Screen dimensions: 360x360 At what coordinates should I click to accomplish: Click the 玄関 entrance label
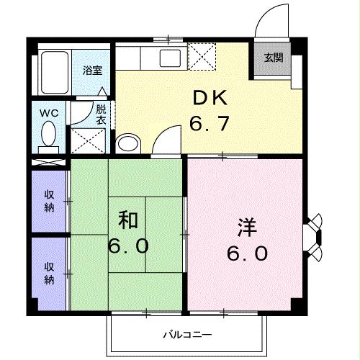pos(273,58)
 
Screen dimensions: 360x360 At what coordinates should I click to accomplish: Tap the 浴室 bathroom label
pos(91,71)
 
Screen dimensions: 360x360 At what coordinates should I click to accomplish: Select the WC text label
pos(48,112)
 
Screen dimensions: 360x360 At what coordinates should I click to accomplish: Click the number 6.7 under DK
pos(209,124)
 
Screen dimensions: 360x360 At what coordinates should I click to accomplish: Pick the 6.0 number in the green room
pos(130,246)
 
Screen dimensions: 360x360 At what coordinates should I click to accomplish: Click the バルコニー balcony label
pos(186,335)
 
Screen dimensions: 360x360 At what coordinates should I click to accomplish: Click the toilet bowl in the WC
pos(49,135)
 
